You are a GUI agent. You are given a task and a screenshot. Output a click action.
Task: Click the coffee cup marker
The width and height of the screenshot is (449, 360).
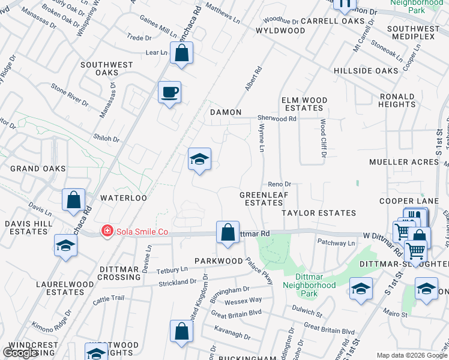169,92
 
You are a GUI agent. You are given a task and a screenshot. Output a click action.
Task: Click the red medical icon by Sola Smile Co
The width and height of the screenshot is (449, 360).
107,230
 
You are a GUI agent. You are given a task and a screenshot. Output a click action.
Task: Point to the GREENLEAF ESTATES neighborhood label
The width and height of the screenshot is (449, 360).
261,199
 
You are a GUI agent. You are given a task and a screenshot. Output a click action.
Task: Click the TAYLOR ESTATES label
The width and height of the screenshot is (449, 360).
319,213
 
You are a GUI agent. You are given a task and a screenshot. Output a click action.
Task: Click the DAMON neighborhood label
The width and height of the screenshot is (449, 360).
226,112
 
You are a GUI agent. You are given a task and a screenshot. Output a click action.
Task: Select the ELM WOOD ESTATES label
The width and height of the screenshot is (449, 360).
304,104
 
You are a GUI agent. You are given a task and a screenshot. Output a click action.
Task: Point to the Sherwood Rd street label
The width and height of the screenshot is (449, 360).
277,119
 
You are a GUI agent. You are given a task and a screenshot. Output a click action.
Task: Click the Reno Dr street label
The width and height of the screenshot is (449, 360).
279,184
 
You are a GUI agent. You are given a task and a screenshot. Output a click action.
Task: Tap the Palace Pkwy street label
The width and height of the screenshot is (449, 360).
259,269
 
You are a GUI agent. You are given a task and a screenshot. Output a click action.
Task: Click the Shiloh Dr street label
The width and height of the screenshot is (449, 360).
107,139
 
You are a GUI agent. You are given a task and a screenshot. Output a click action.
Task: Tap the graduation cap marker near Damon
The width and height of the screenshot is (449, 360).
199,159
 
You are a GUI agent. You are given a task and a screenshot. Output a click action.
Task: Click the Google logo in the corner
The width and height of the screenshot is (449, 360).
20,353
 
